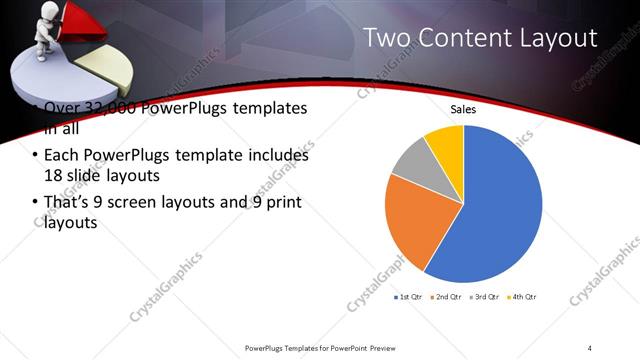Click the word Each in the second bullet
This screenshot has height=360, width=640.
[62, 156]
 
